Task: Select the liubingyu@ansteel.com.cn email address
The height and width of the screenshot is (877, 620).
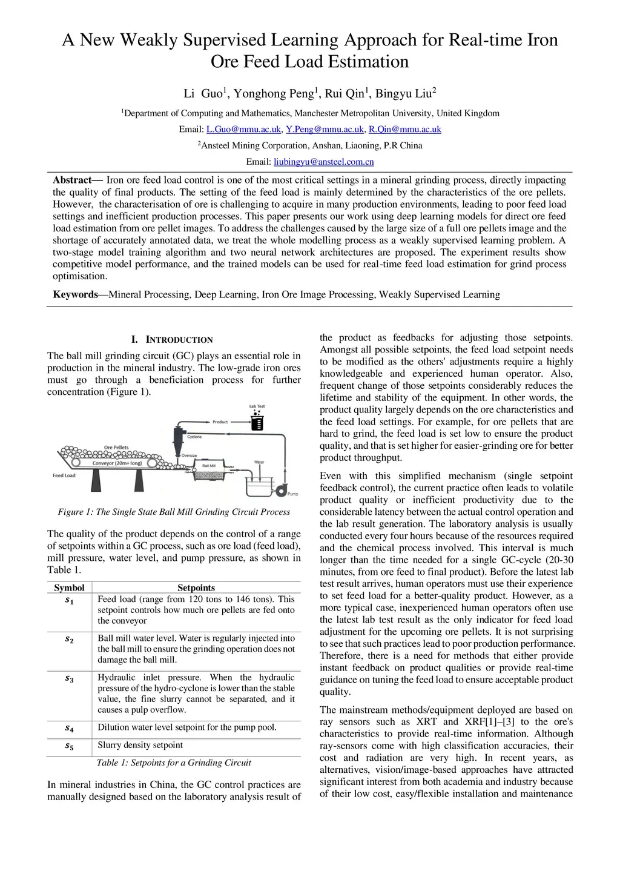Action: point(323,162)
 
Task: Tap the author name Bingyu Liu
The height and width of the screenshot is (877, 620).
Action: point(403,93)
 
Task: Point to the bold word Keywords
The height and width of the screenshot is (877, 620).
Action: point(75,294)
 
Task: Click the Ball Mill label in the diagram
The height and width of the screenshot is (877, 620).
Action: point(208,466)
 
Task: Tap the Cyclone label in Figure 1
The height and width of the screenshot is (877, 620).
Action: point(194,437)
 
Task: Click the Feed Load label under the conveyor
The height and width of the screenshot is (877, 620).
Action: point(64,475)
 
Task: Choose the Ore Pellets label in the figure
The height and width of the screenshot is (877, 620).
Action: point(116,448)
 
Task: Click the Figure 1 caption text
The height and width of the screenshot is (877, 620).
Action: point(174,512)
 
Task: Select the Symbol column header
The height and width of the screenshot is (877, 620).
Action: point(69,587)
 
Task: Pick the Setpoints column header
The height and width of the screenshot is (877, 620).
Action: point(196,587)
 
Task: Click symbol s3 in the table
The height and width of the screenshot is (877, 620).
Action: point(69,679)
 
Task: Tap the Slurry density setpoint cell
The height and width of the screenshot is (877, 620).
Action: point(140,745)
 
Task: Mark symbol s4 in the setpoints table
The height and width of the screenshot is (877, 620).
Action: point(69,729)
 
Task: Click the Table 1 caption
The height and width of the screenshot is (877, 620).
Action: point(174,763)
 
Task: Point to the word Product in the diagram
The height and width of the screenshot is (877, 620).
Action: point(220,422)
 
